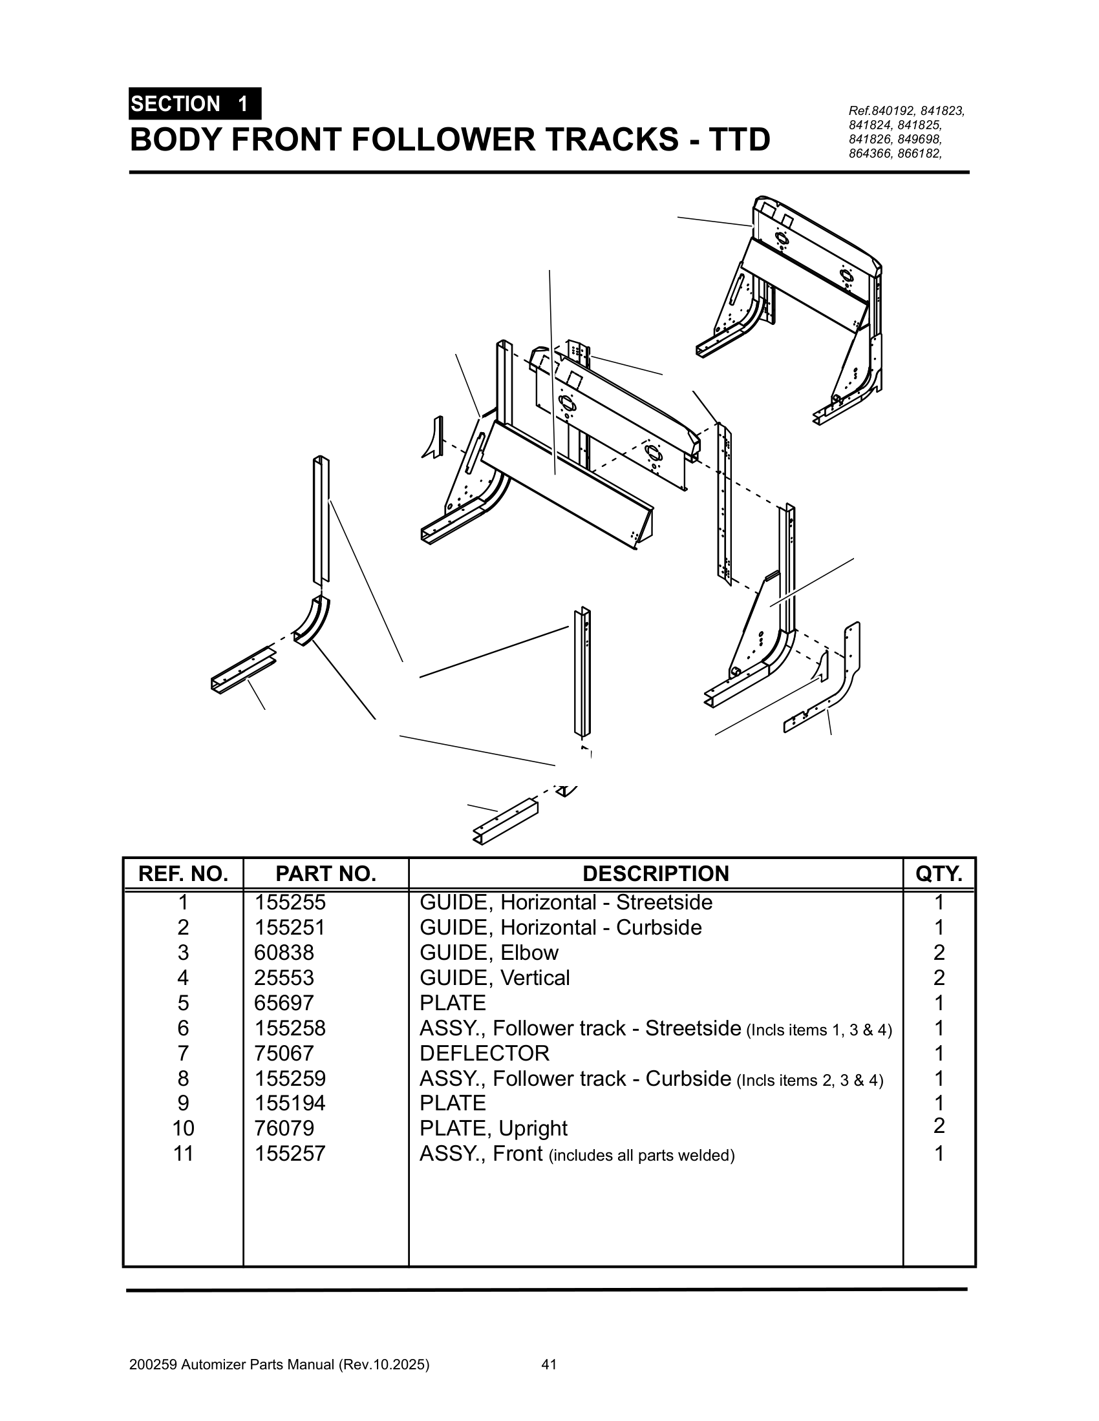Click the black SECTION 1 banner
[x=195, y=104]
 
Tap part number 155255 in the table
[x=290, y=903]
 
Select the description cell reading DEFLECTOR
[x=484, y=1053]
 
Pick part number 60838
[x=284, y=953]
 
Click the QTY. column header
[x=938, y=874]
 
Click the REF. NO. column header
[x=184, y=874]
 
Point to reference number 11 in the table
[x=184, y=1154]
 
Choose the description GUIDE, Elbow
[x=489, y=953]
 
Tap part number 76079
[x=284, y=1128]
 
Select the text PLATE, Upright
[x=493, y=1128]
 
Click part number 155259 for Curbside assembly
[x=290, y=1079]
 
